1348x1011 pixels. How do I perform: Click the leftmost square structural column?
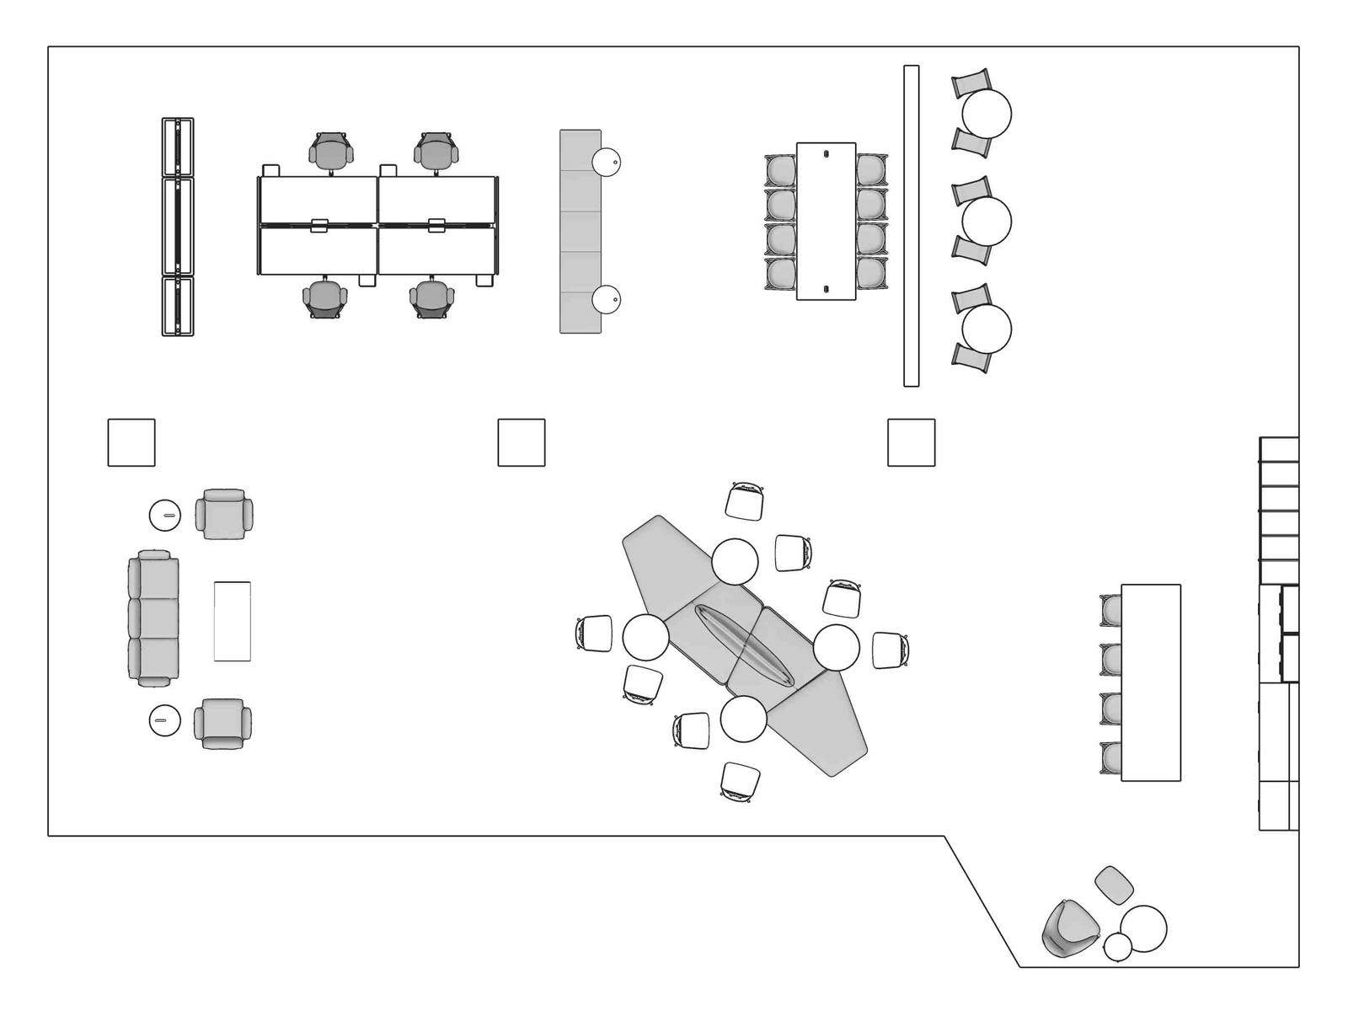pyautogui.click(x=131, y=442)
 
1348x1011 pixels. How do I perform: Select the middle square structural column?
pyautogui.click(x=522, y=442)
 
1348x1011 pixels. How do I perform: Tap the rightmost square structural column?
pyautogui.click(x=912, y=442)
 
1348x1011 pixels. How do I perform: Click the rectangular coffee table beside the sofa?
pyautogui.click(x=233, y=621)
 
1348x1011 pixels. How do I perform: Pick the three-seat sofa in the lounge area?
pyautogui.click(x=153, y=618)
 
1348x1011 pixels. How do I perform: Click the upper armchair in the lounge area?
pyautogui.click(x=224, y=514)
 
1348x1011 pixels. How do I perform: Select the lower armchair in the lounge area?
pyautogui.click(x=222, y=724)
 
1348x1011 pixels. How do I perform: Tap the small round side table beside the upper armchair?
pyautogui.click(x=165, y=515)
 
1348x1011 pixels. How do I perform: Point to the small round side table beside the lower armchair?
pyautogui.click(x=164, y=720)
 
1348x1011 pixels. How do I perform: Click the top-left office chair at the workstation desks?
pyautogui.click(x=331, y=151)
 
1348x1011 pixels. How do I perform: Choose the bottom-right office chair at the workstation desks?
pyautogui.click(x=432, y=298)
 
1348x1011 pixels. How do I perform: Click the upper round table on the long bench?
pyautogui.click(x=607, y=162)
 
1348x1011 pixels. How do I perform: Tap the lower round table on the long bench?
pyautogui.click(x=607, y=299)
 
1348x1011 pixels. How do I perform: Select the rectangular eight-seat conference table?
pyautogui.click(x=826, y=221)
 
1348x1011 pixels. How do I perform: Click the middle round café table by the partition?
pyautogui.click(x=986, y=221)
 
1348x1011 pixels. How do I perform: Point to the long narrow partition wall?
pyautogui.click(x=911, y=226)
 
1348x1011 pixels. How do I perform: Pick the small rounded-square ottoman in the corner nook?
pyautogui.click(x=1114, y=885)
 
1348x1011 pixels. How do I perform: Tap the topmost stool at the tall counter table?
pyautogui.click(x=1111, y=610)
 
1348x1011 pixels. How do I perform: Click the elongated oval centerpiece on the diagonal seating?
pyautogui.click(x=744, y=646)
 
